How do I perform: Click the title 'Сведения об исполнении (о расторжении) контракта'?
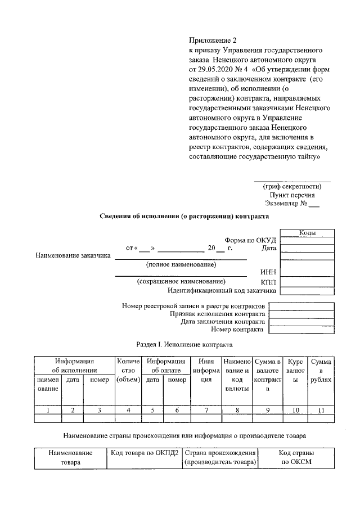click(x=184, y=216)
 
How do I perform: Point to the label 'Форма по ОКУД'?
click(x=250, y=241)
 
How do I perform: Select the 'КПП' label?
click(x=268, y=282)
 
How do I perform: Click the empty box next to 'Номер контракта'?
click(x=301, y=330)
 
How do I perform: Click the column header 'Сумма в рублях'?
click(x=321, y=371)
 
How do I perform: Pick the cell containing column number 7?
click(x=206, y=410)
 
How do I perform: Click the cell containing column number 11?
click(x=321, y=410)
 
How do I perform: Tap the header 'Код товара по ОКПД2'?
click(x=145, y=453)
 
